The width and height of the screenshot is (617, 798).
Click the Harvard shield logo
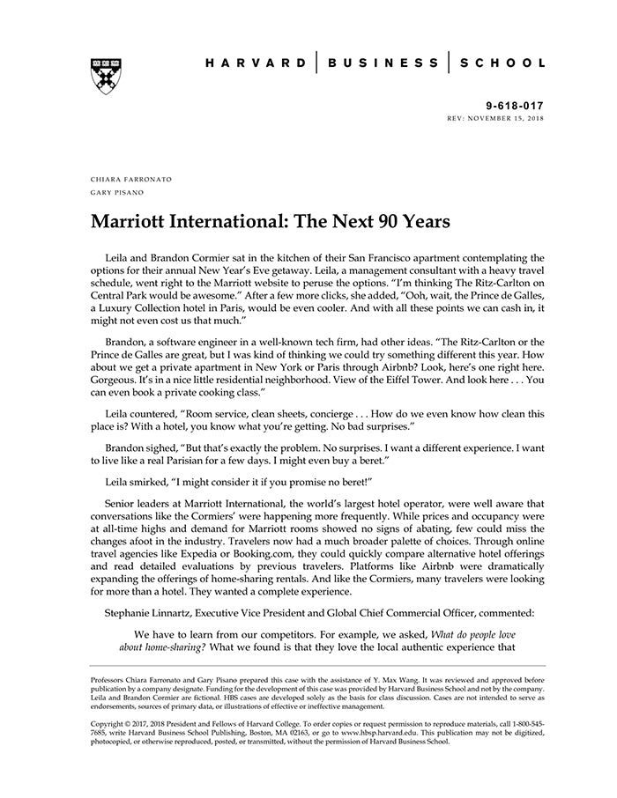pyautogui.click(x=105, y=75)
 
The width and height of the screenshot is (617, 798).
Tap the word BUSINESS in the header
pyautogui.click(x=383, y=63)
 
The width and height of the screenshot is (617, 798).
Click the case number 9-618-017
pyautogui.click(x=517, y=104)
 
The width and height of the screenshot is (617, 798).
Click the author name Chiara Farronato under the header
pyautogui.click(x=131, y=179)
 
